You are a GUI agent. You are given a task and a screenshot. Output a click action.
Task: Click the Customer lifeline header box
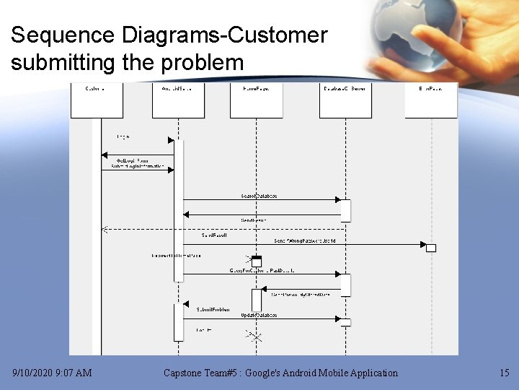[x=97, y=100]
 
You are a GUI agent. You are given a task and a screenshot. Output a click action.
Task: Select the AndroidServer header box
[x=178, y=100]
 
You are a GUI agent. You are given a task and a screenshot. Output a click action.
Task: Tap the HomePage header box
[x=256, y=100]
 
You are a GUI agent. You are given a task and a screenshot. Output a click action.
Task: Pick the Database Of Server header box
[x=345, y=100]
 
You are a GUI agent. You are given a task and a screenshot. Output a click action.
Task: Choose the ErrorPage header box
[x=431, y=100]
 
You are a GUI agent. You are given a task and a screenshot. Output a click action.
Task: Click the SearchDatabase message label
[x=259, y=196]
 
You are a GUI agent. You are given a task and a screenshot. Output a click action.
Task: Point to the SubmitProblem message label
[x=213, y=309]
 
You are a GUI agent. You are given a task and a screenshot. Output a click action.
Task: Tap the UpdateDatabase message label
[x=259, y=316]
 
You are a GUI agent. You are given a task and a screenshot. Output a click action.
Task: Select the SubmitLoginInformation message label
[x=138, y=166]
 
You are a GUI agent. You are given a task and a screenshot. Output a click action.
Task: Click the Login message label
[x=123, y=136]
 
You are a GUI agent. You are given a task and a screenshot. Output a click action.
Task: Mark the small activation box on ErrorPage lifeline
[x=431, y=248]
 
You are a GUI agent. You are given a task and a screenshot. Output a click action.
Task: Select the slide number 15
[x=504, y=373]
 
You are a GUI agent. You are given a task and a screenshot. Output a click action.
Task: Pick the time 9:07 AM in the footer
[x=76, y=373]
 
